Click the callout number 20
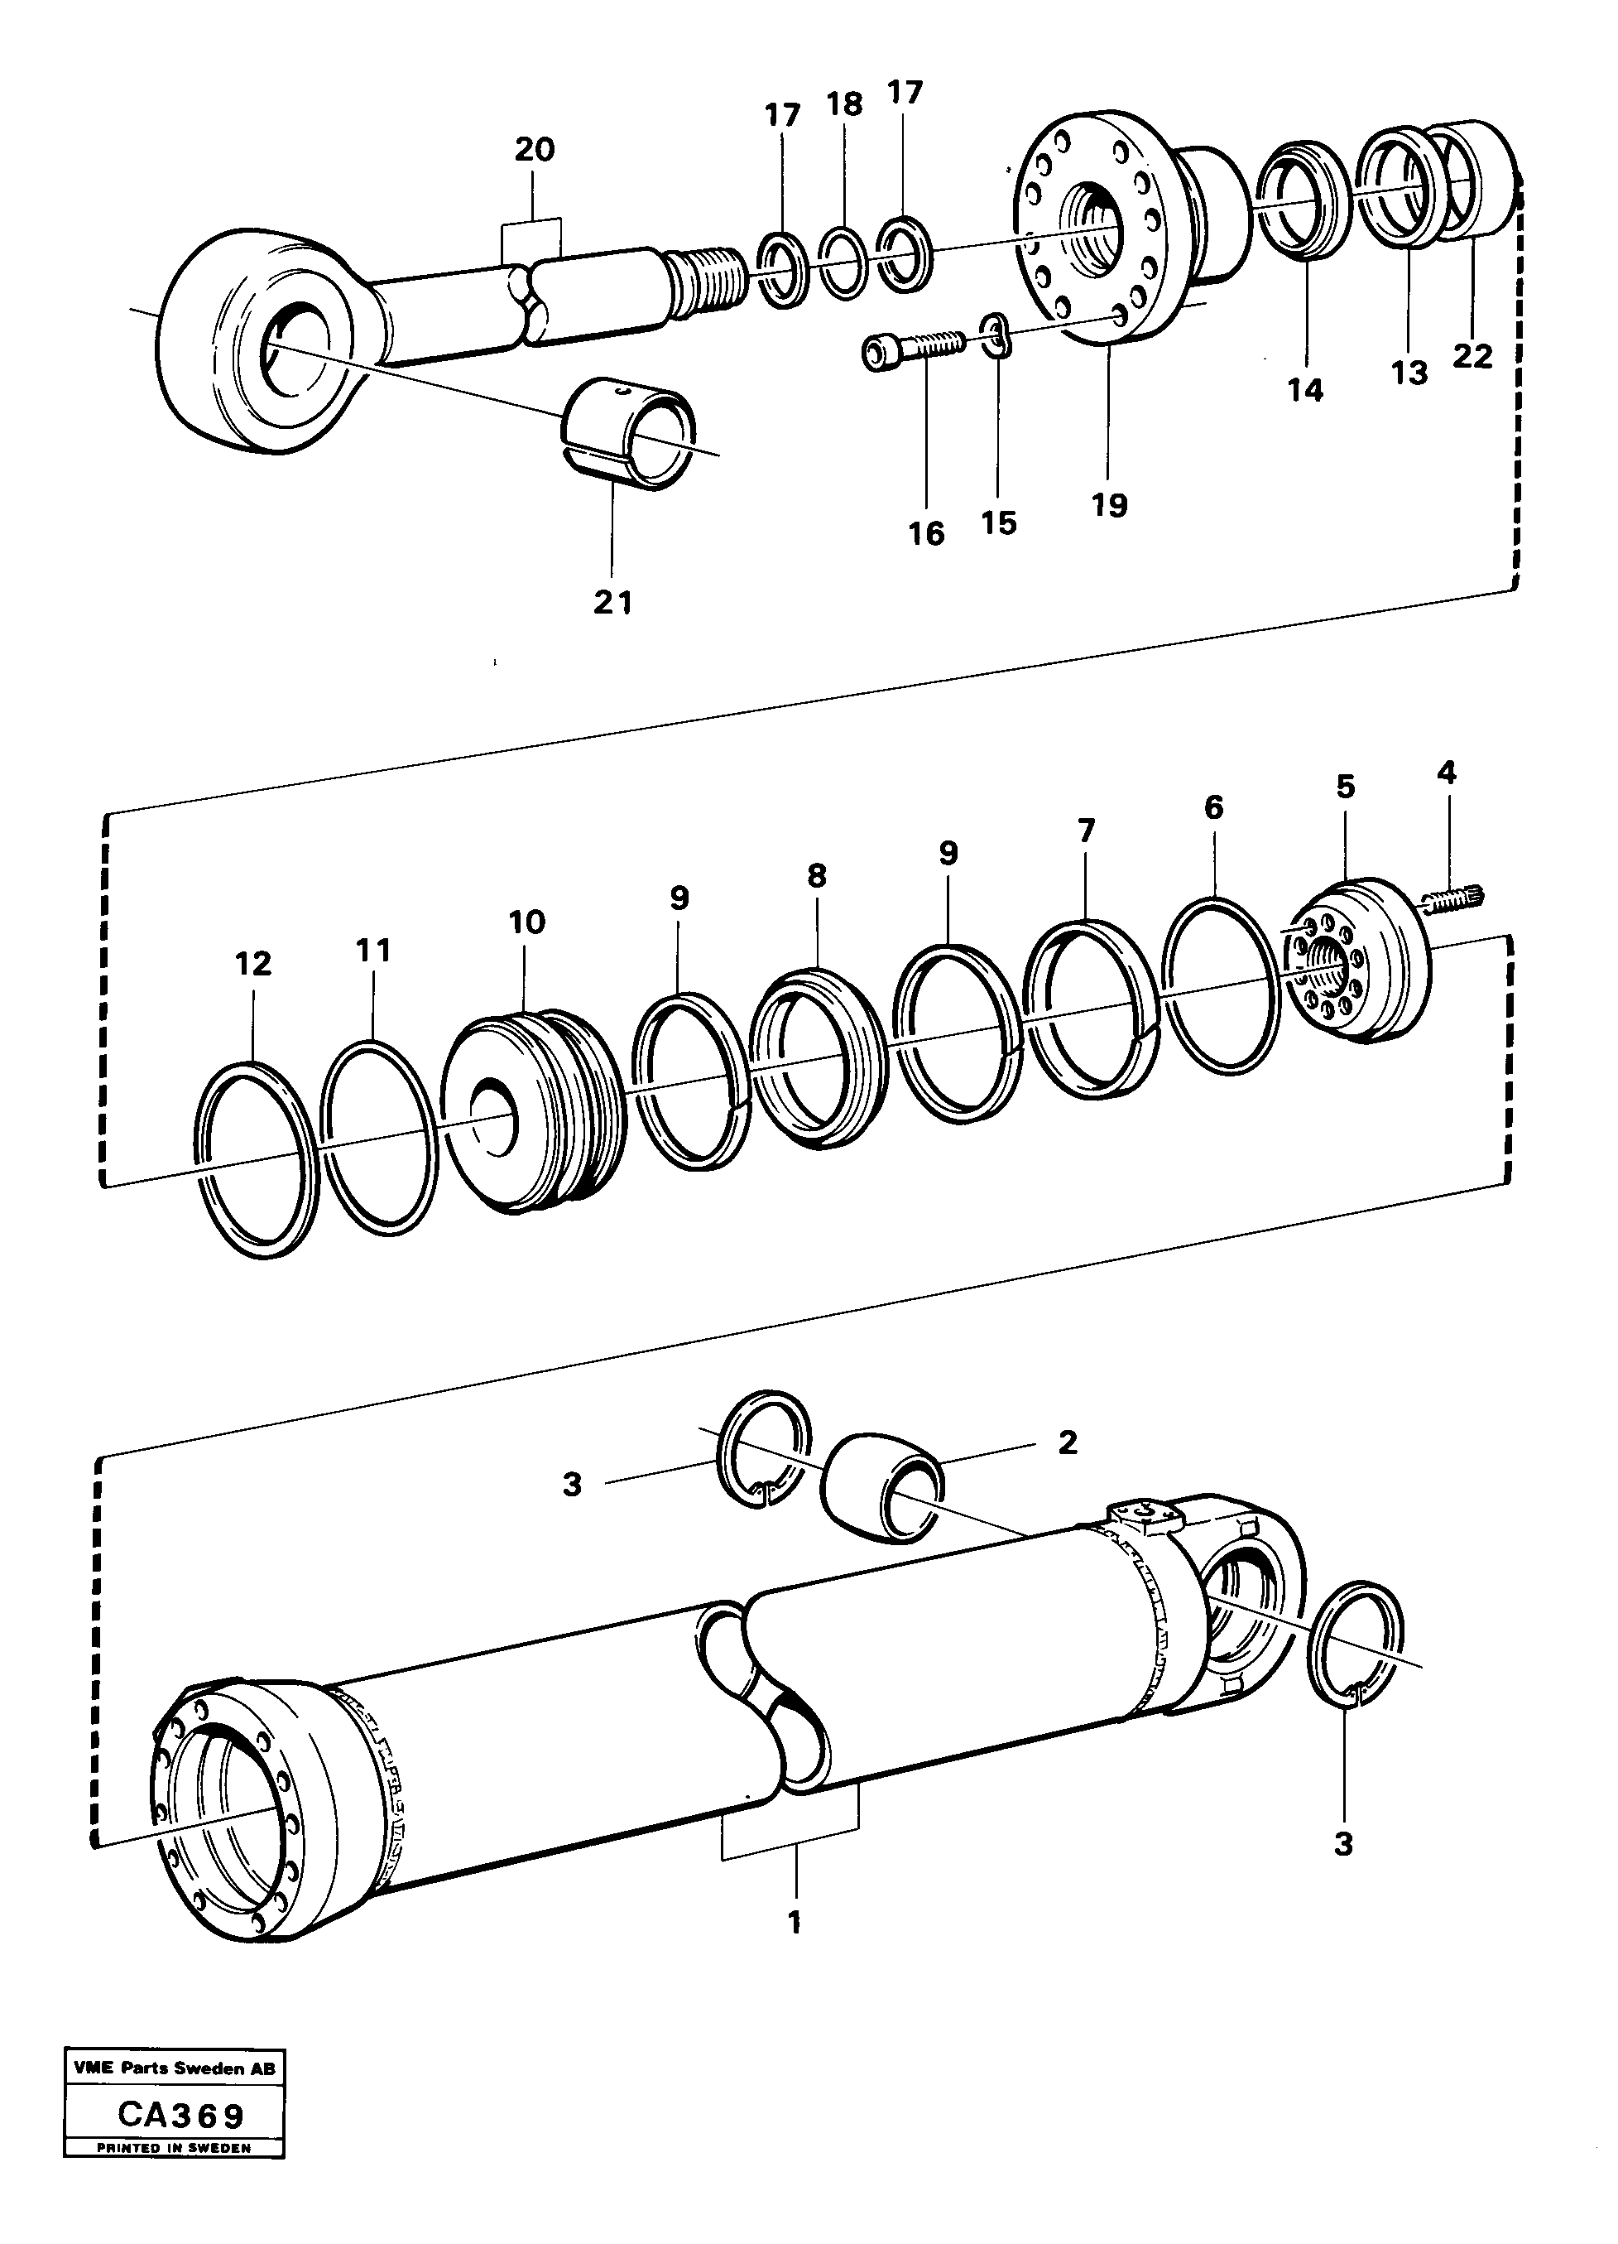(x=534, y=151)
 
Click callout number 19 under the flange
(x=1110, y=506)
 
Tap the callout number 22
(x=1472, y=356)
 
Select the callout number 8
(x=816, y=875)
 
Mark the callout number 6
(x=1213, y=807)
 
